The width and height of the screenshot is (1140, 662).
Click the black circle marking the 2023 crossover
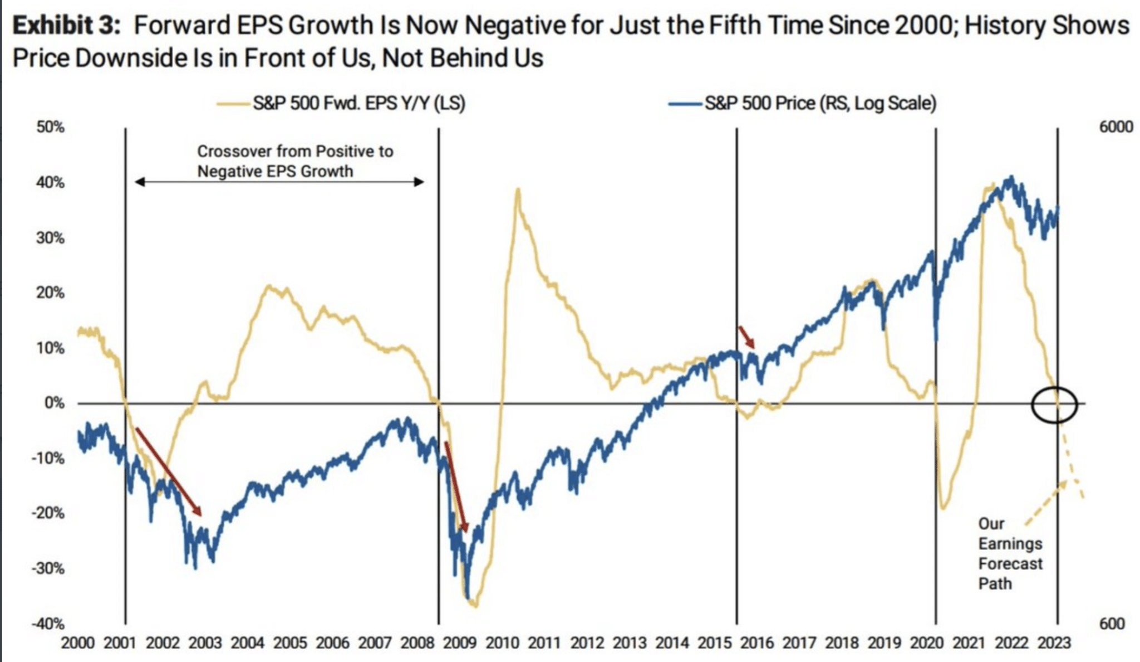click(1054, 405)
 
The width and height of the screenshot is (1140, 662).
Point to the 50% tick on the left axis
click(51, 128)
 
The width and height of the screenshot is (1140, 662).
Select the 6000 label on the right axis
click(1116, 127)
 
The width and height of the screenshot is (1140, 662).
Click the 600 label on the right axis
click(1112, 624)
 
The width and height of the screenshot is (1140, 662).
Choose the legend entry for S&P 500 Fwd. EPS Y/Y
click(358, 104)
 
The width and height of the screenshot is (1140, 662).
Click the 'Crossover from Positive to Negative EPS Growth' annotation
click(295, 161)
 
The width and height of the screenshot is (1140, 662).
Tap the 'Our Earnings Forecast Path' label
click(1010, 553)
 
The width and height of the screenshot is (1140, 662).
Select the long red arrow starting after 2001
click(168, 471)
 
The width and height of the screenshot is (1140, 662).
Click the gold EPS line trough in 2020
click(943, 508)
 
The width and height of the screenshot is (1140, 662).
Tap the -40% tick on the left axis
click(48, 624)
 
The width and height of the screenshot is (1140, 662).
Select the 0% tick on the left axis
click(55, 403)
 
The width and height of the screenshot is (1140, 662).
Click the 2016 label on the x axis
click(757, 643)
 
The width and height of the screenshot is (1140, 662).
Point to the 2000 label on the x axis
click(77, 643)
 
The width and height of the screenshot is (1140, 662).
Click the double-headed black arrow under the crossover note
click(279, 182)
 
